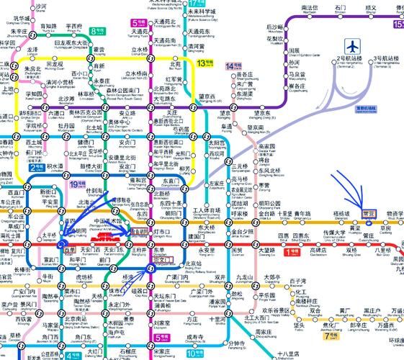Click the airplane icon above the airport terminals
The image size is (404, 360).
point(354,45)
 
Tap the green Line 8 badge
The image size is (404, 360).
point(97,32)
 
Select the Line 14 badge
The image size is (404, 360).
point(232,66)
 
